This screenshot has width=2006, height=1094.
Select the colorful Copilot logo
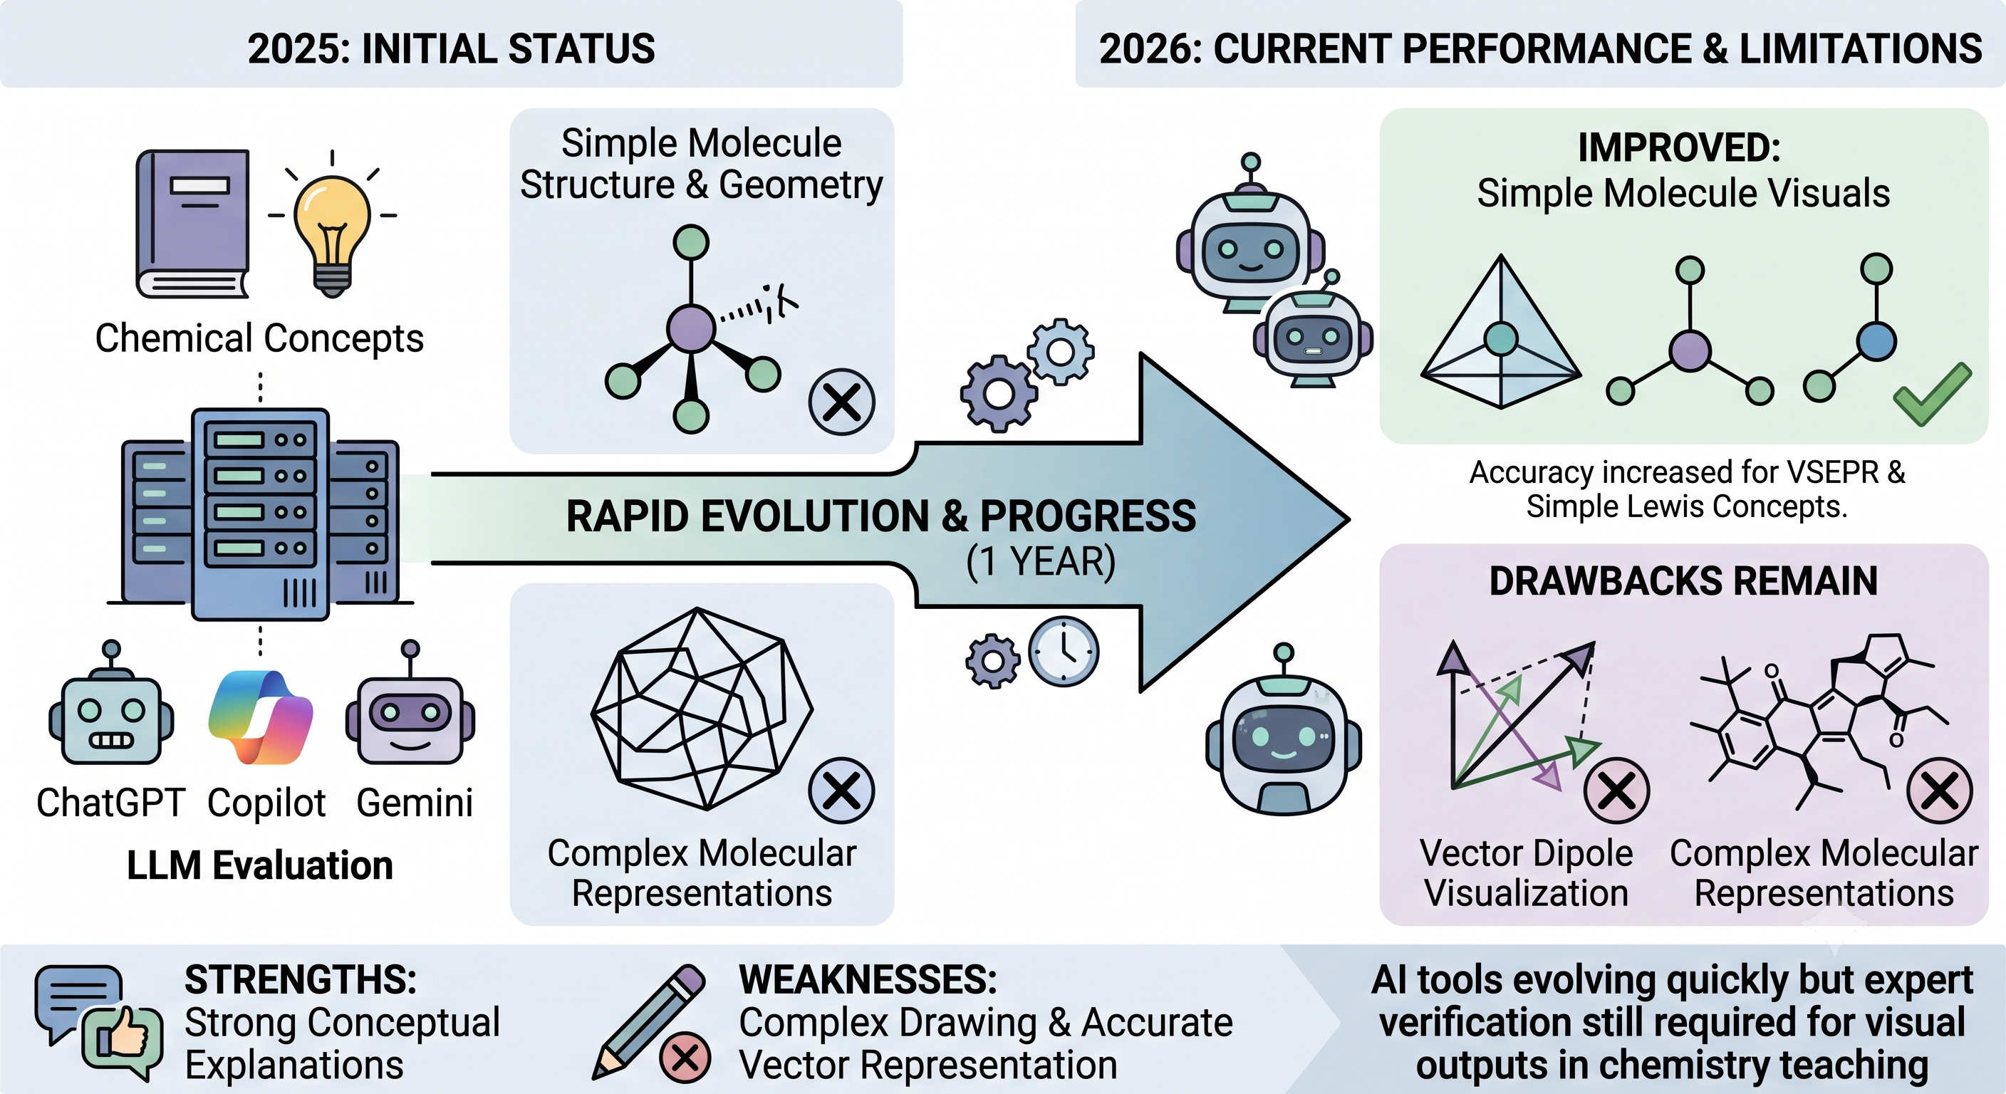coord(261,717)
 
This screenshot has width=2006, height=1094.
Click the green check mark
coord(1933,394)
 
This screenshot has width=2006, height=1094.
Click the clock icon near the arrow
coord(1064,651)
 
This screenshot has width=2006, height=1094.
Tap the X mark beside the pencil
coord(685,1058)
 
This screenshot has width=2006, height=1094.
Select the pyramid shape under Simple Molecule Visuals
coord(1501,332)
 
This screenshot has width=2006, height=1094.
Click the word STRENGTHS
coord(301,979)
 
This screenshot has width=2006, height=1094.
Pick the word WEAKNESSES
coord(868,979)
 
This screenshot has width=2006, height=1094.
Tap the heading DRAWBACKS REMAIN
coord(1683,581)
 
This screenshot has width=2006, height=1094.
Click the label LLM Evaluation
coord(260,865)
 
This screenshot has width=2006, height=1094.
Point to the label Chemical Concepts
coord(259,338)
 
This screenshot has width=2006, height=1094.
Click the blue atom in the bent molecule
coord(1877,341)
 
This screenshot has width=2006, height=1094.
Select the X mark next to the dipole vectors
coord(1616,791)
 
